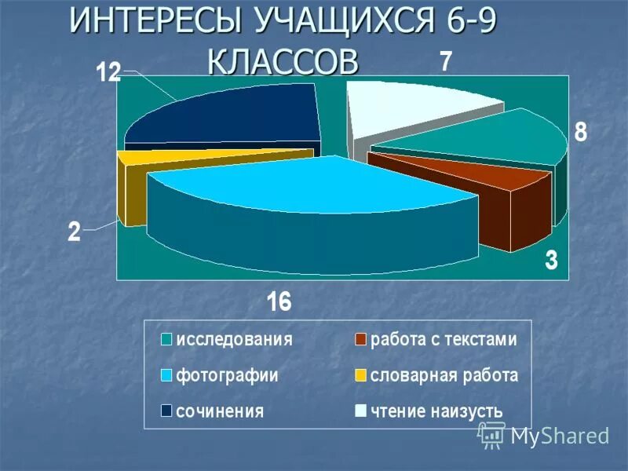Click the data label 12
[108, 73]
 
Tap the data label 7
[444, 63]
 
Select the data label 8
[579, 132]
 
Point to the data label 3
[551, 261]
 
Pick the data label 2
[74, 232]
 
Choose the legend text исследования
[234, 341]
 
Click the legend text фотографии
[227, 375]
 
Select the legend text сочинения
[219, 411]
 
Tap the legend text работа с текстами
[444, 341]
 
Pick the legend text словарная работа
[444, 375]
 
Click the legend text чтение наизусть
[436, 411]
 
